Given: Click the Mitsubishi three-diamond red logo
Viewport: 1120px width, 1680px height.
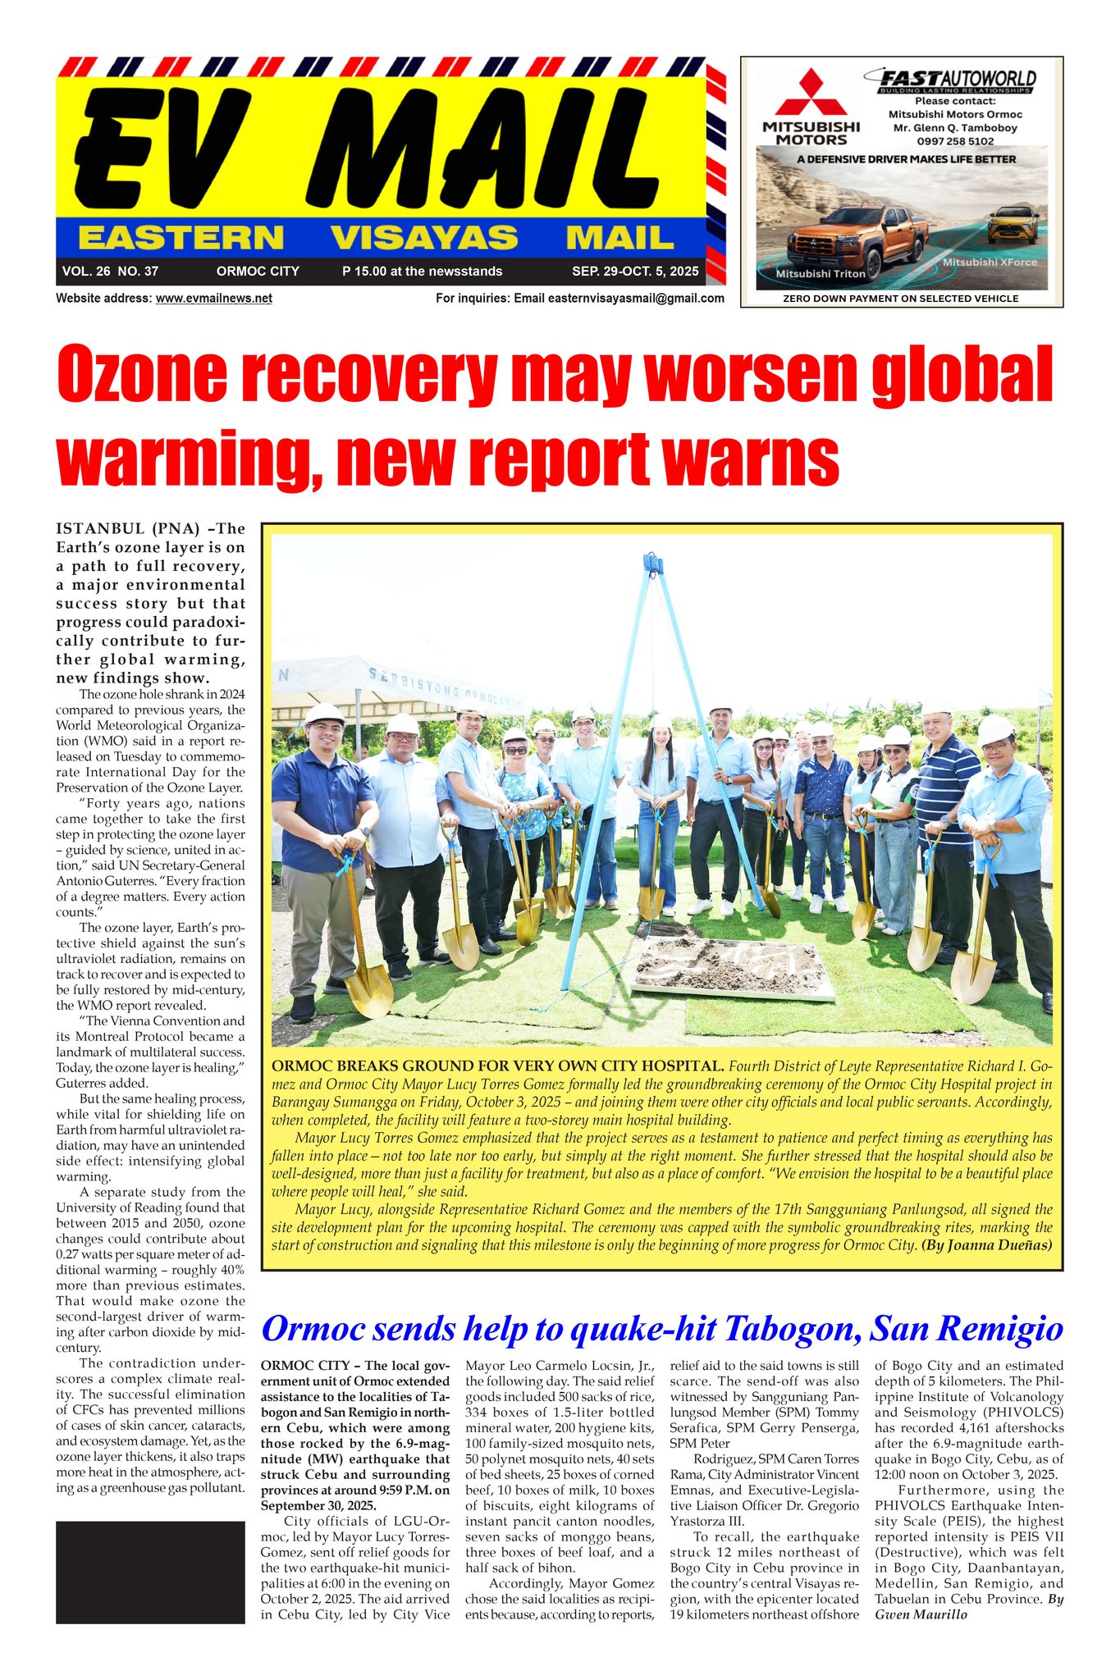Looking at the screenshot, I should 811,94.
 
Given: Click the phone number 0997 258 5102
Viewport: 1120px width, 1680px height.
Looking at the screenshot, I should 955,141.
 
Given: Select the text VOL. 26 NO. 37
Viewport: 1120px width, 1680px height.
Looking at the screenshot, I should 110,272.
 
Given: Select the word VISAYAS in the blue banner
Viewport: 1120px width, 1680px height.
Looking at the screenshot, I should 424,238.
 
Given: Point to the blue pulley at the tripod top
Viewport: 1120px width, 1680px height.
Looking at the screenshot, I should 653,563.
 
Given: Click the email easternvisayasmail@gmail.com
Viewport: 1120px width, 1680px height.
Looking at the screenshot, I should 635,299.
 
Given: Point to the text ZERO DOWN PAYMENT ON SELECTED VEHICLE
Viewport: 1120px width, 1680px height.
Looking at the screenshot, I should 900,299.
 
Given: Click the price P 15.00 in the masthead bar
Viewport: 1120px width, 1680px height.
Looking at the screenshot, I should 364,272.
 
